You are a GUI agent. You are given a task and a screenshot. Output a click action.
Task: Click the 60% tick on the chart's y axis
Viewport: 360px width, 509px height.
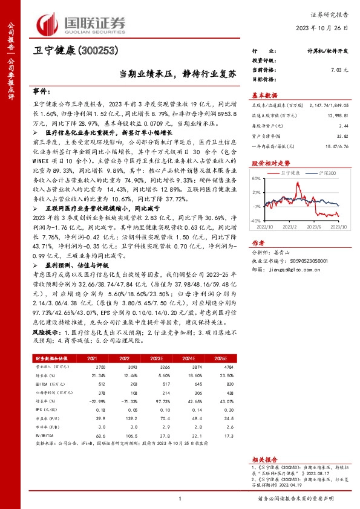point(255,179)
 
